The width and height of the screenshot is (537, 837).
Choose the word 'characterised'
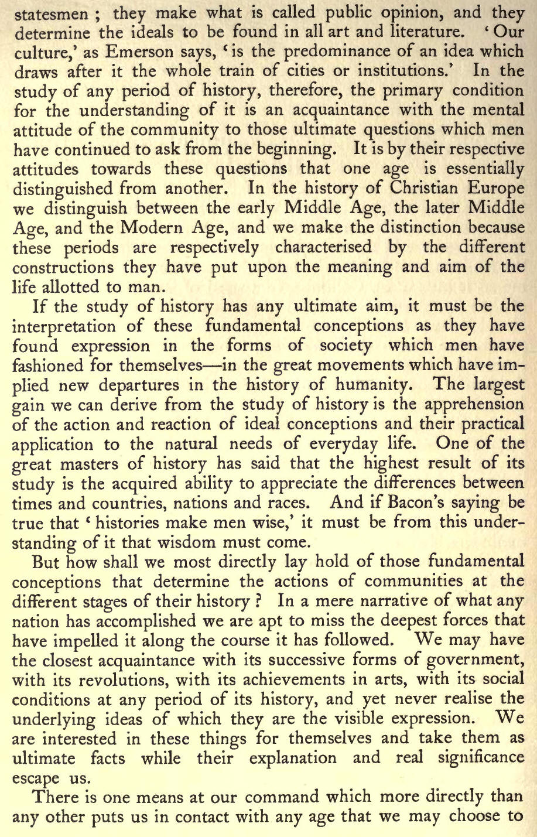click(x=323, y=247)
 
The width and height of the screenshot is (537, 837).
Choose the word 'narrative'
click(x=391, y=601)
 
